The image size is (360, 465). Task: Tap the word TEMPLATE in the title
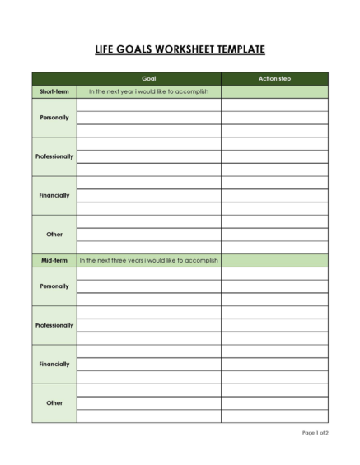point(239,50)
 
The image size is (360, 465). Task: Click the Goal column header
point(149,79)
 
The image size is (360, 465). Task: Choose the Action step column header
point(274,79)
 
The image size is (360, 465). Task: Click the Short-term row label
point(54,91)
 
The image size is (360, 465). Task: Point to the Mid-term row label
point(54,260)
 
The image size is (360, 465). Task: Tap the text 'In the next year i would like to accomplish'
point(149,91)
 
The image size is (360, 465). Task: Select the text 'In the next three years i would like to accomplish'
point(149,260)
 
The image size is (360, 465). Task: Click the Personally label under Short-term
point(54,118)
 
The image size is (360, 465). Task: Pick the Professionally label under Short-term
point(54,156)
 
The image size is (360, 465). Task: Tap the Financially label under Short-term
point(54,195)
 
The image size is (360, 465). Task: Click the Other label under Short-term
point(54,235)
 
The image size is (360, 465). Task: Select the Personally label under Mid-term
point(54,286)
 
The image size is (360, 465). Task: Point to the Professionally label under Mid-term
point(54,325)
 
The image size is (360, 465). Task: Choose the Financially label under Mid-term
point(54,364)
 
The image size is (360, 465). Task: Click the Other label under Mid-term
point(54,403)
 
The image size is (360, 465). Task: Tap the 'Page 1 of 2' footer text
point(315,433)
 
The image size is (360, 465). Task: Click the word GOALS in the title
point(135,50)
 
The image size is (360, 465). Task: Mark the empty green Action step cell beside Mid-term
point(274,260)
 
